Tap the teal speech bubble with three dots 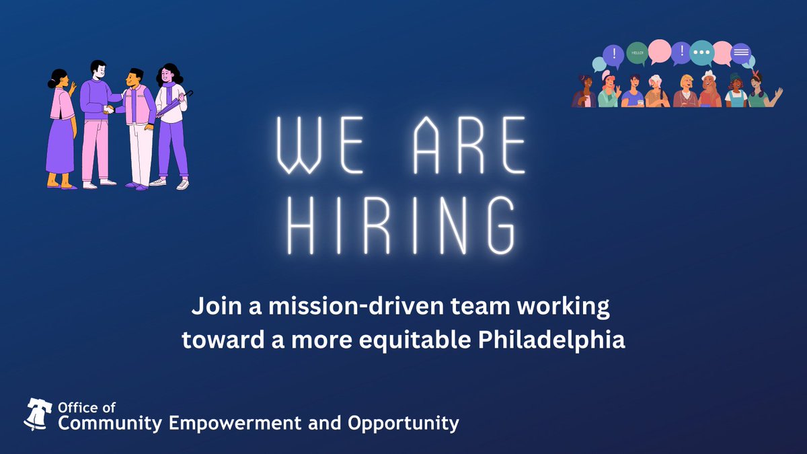click(x=701, y=52)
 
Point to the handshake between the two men click(x=108, y=108)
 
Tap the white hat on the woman click(x=709, y=76)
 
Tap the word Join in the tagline click(x=209, y=308)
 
